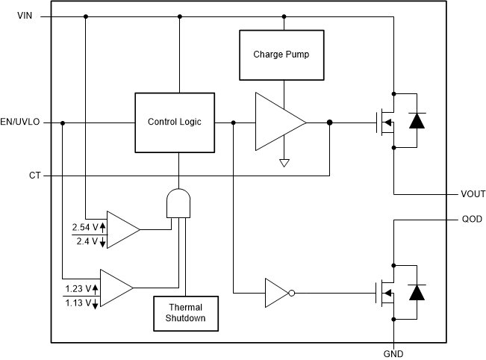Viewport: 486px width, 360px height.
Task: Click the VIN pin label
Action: tap(25, 16)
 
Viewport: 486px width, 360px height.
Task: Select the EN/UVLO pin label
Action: tap(21, 122)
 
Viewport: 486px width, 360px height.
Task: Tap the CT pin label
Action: tap(35, 176)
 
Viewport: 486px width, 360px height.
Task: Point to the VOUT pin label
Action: tap(472, 194)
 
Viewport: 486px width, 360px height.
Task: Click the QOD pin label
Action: tap(472, 220)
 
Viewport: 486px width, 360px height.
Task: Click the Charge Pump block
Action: tap(281, 55)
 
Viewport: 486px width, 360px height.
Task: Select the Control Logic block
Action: tap(174, 122)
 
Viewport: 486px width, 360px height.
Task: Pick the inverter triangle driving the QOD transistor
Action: tap(276, 294)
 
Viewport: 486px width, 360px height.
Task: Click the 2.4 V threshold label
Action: tap(85, 241)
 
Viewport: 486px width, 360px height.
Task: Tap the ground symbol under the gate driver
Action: tap(284, 162)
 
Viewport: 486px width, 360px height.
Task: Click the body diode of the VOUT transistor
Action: tap(419, 121)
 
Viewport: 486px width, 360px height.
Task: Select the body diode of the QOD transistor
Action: tap(419, 292)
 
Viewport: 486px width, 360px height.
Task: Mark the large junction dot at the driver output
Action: tap(330, 122)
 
